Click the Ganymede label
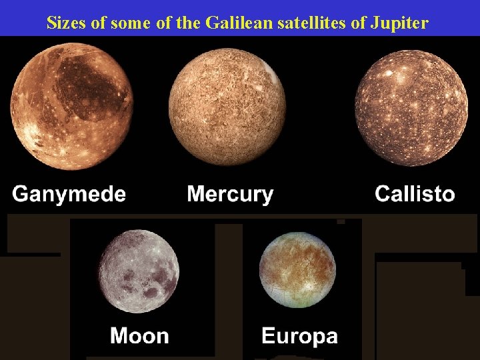tap(69, 195)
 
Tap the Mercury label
tap(230, 195)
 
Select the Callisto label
tap(415, 194)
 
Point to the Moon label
tap(139, 335)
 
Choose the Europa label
tap(299, 335)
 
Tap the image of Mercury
tap(227, 107)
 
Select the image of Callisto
tap(408, 108)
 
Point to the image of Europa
tap(297, 270)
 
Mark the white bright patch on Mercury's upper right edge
tap(271, 70)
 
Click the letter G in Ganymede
tap(21, 195)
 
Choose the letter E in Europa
tap(268, 335)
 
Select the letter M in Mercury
tap(197, 195)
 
